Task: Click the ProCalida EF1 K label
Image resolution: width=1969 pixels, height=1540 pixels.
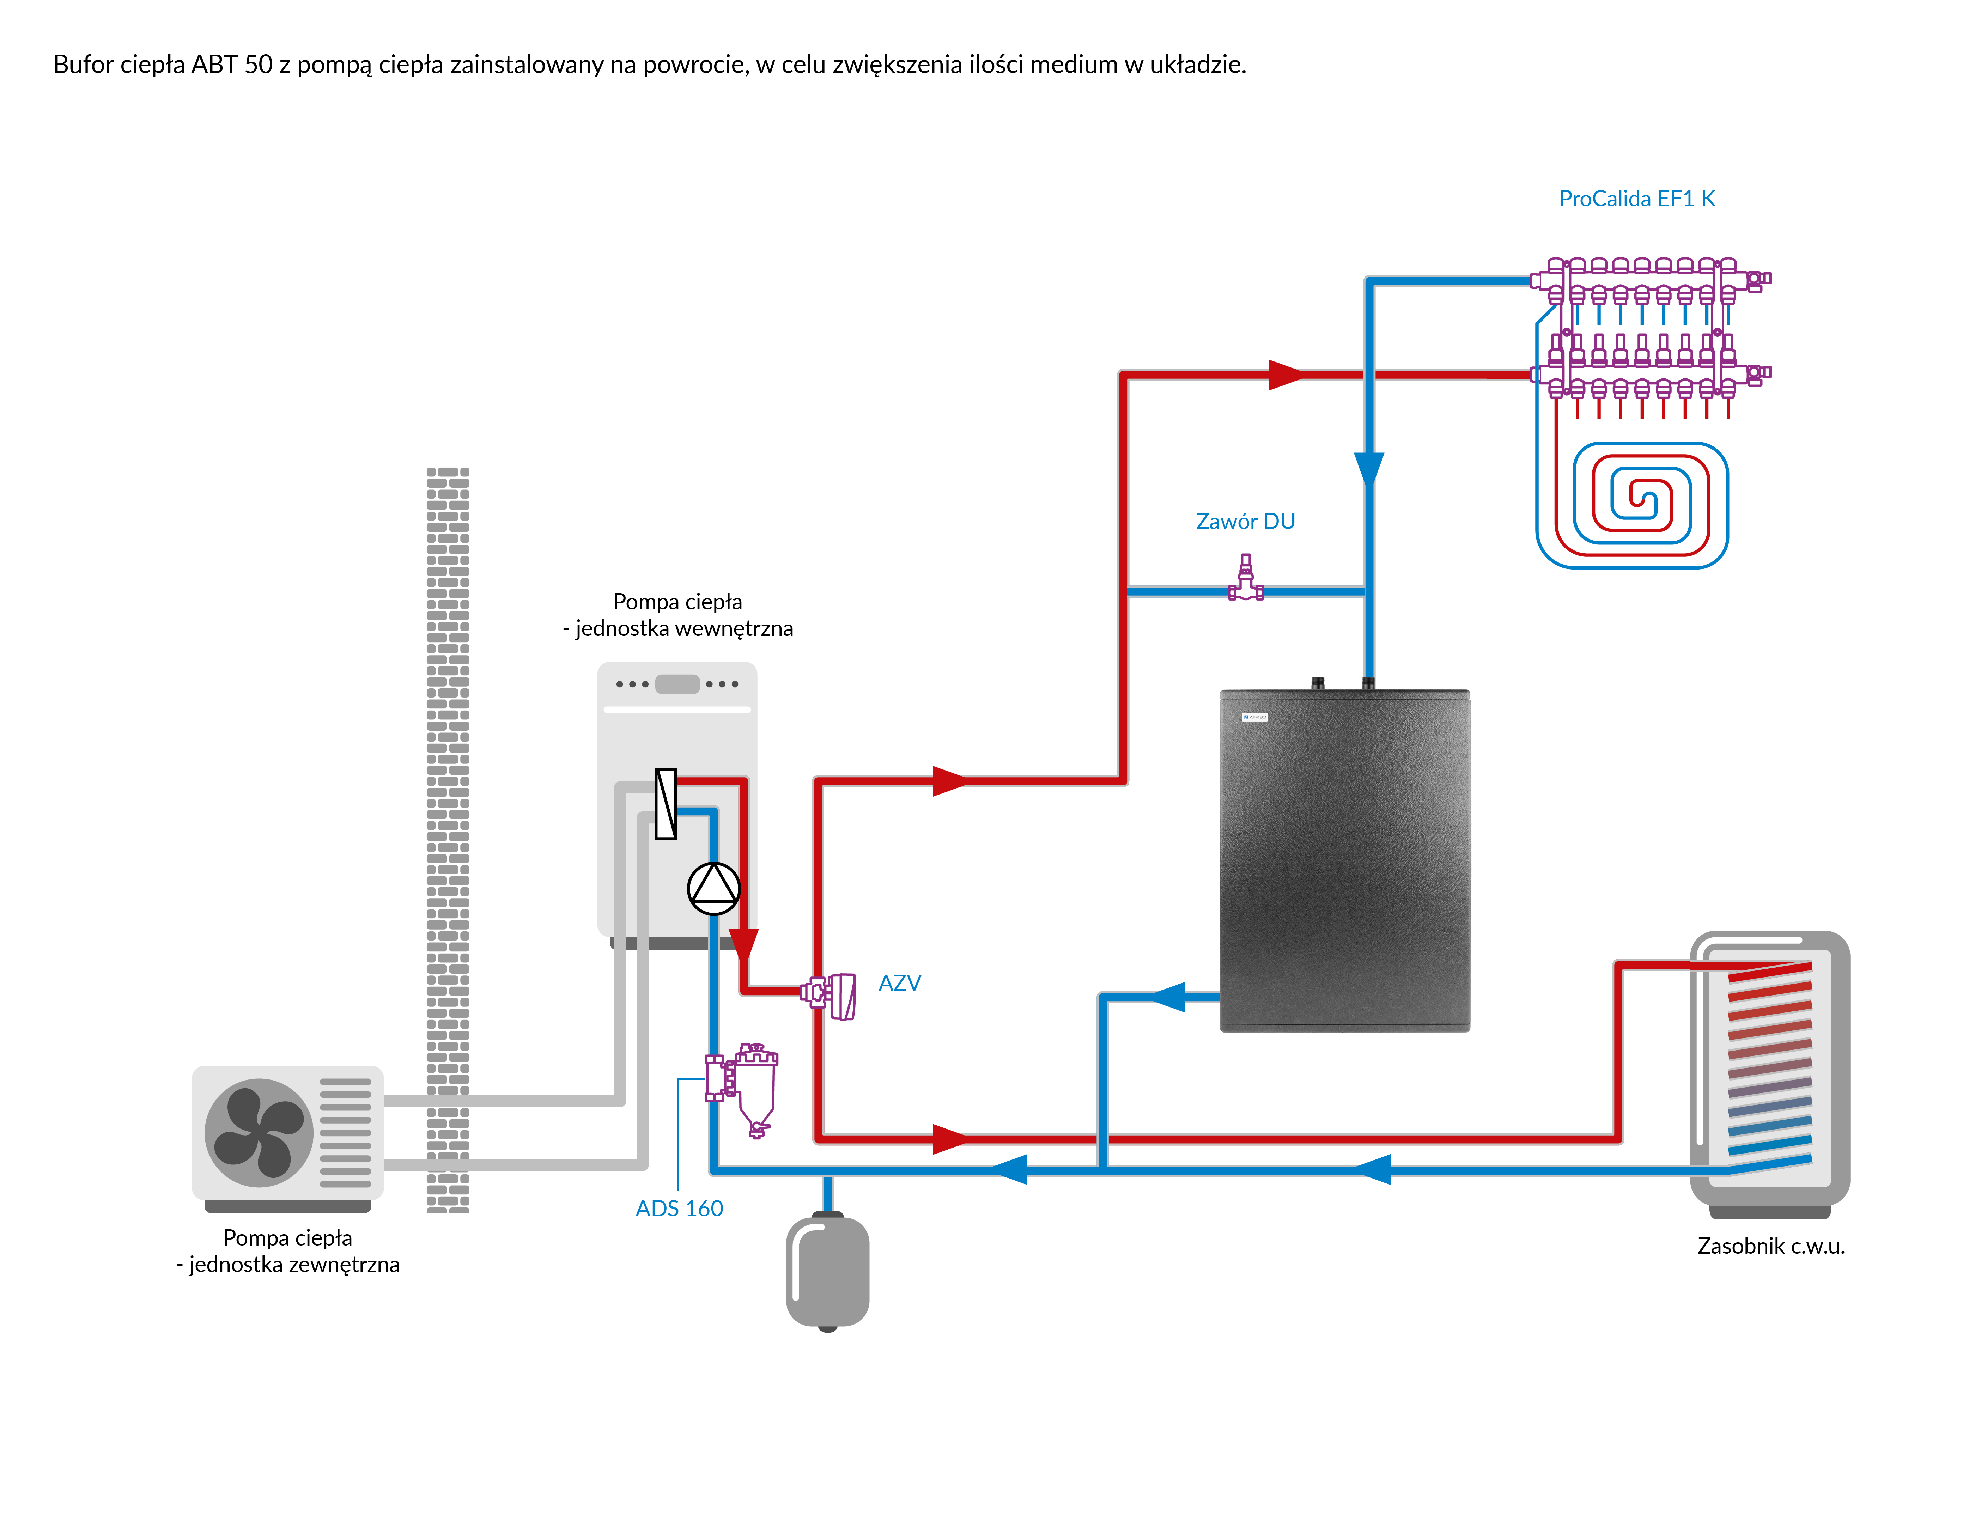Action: click(1636, 199)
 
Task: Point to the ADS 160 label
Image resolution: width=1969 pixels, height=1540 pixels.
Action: click(679, 1208)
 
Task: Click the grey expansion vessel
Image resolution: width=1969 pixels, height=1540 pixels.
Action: click(828, 1271)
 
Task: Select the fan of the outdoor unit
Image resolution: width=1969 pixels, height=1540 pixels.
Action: click(259, 1132)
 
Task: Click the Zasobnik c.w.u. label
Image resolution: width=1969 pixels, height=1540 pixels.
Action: click(1771, 1246)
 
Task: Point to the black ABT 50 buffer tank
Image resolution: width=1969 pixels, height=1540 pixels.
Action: click(1344, 861)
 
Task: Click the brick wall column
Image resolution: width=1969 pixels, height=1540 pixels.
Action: click(448, 839)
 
